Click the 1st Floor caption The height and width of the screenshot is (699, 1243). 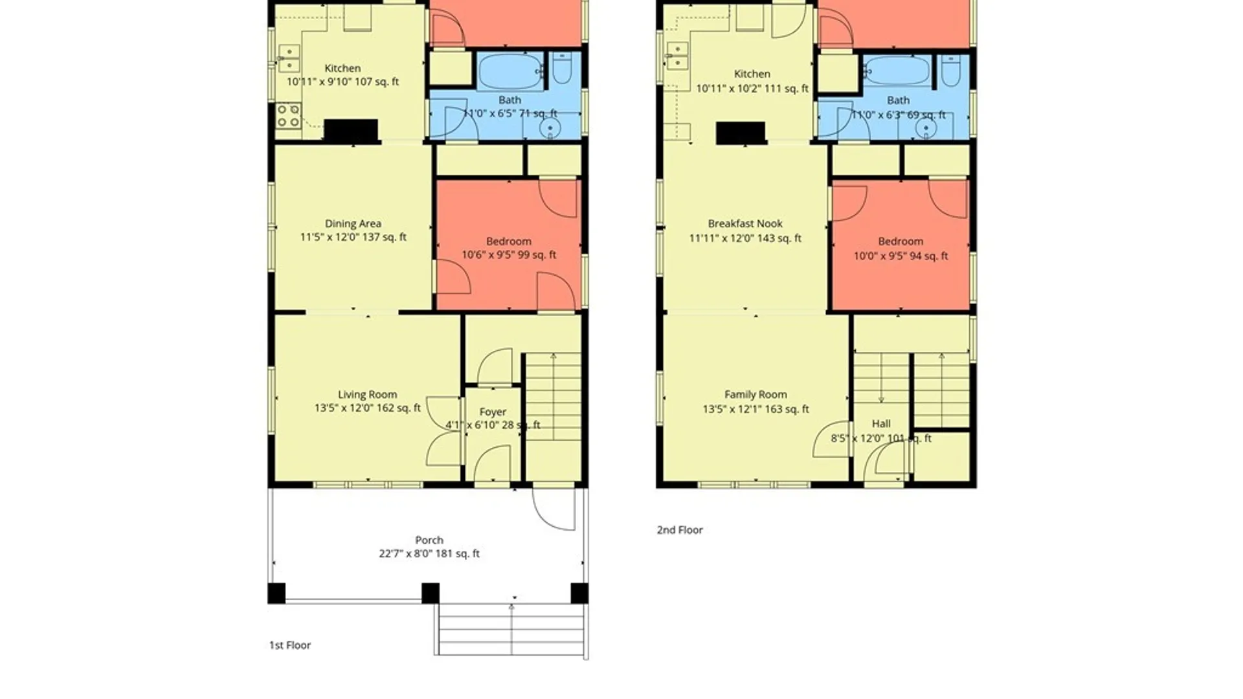click(290, 645)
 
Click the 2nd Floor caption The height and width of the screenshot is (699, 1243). click(680, 530)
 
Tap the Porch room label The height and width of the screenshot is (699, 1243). click(429, 540)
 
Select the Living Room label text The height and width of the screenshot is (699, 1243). click(367, 395)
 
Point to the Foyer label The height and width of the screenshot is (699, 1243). click(493, 412)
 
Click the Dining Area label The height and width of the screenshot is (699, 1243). click(353, 224)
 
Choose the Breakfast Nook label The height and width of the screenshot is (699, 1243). click(745, 224)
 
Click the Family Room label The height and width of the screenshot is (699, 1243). click(756, 395)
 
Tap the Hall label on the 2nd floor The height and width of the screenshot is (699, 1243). click(881, 424)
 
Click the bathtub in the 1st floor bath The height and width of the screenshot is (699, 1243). click(510, 71)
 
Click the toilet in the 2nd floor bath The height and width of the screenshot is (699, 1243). click(950, 71)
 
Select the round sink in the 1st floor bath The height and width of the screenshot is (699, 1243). click(550, 128)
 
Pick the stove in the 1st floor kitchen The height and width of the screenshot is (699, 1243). click(288, 116)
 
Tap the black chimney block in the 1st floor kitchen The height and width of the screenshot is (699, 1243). click(350, 131)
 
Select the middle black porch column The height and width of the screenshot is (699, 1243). click(431, 594)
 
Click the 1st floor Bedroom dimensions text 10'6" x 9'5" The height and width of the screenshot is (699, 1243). click(509, 255)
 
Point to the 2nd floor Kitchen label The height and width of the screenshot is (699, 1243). click(752, 74)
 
